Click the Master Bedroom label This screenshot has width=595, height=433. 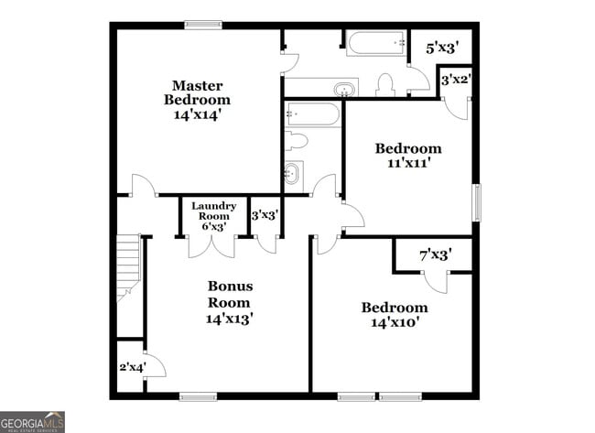tap(197, 92)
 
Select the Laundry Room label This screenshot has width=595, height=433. tap(213, 211)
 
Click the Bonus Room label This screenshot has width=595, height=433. tap(229, 294)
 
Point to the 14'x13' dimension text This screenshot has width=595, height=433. tap(229, 319)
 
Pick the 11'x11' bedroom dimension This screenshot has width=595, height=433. tap(407, 163)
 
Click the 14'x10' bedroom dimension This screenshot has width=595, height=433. tap(394, 322)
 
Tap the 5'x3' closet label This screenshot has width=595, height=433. tap(442, 47)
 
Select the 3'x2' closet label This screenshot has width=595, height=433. tap(455, 80)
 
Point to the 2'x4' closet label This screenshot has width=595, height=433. tap(131, 367)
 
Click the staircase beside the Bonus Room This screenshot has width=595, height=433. tap(129, 269)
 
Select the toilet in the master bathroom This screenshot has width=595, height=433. tap(385, 85)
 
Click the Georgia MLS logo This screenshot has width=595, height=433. tap(33, 421)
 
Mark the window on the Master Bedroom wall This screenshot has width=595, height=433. tap(203, 26)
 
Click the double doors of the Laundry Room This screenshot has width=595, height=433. tap(211, 245)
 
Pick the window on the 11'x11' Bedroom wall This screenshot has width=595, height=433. tap(476, 202)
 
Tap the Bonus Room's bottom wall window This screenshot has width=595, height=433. tap(197, 396)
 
